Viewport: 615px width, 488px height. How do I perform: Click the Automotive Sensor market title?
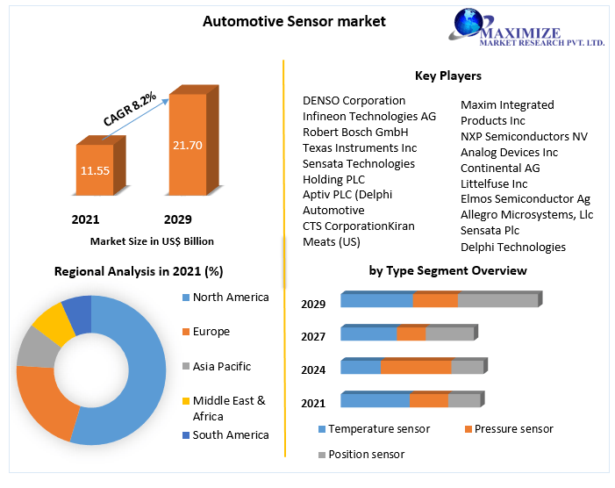pyautogui.click(x=294, y=20)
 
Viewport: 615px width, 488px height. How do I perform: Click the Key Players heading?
pyautogui.click(x=447, y=75)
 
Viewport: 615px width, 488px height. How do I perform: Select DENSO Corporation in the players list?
pyautogui.click(x=354, y=100)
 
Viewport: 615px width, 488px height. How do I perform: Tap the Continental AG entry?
pyautogui.click(x=500, y=168)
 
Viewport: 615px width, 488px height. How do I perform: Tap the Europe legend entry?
pyautogui.click(x=211, y=331)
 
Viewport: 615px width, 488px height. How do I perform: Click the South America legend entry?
pyautogui.click(x=230, y=434)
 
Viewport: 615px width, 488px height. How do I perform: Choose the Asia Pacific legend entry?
pyautogui.click(x=221, y=366)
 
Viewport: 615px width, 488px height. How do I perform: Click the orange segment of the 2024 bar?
pyautogui.click(x=415, y=367)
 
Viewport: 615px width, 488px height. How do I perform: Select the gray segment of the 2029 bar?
pyautogui.click(x=497, y=300)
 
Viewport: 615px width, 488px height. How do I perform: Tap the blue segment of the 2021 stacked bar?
pyautogui.click(x=375, y=400)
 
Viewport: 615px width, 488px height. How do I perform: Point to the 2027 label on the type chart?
pyautogui.click(x=313, y=336)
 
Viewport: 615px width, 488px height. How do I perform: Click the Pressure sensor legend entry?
pyautogui.click(x=513, y=428)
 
